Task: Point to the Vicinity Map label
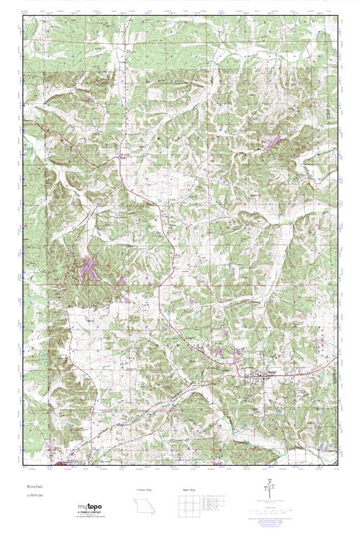145,489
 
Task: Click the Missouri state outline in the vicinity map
145,505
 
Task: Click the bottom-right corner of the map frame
337,467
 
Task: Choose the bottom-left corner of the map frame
22,467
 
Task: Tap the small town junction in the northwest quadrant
122,154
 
